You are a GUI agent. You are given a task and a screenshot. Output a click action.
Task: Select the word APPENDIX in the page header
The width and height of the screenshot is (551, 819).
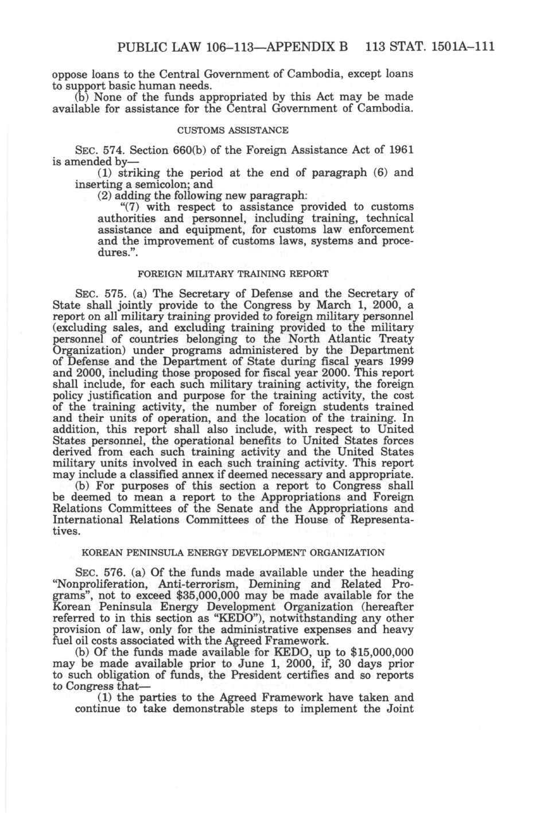click(x=302, y=47)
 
